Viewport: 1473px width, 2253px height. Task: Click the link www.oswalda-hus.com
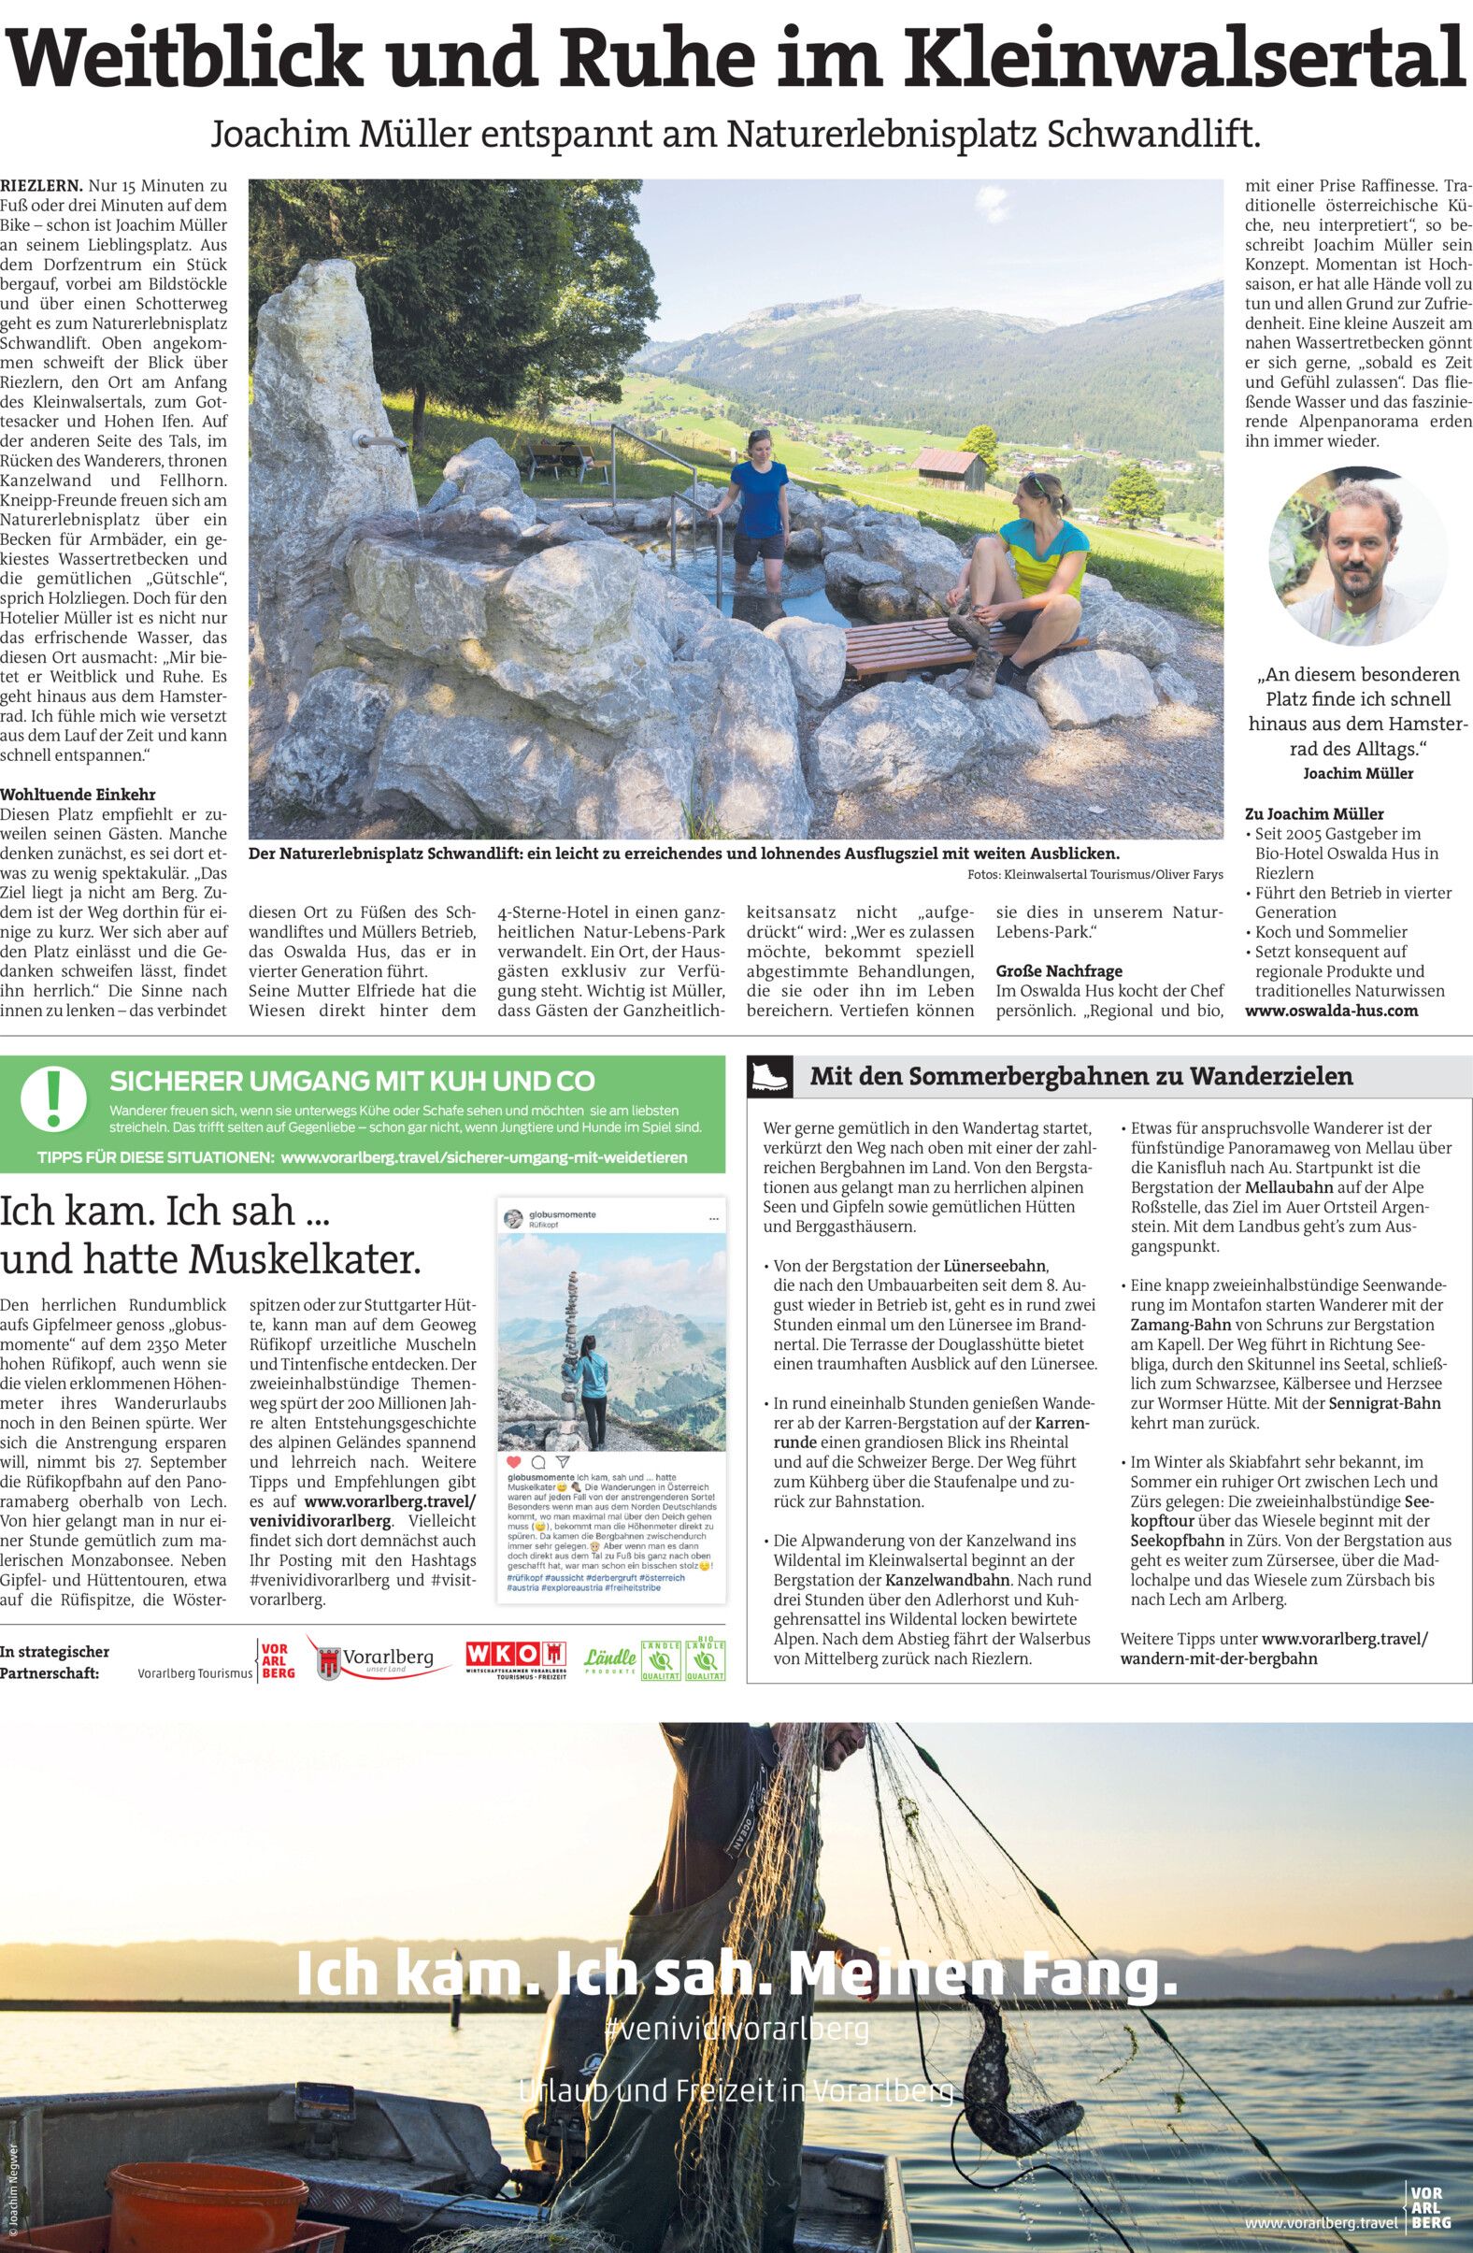coord(1331,1010)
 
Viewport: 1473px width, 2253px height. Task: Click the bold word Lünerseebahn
coord(996,1266)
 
